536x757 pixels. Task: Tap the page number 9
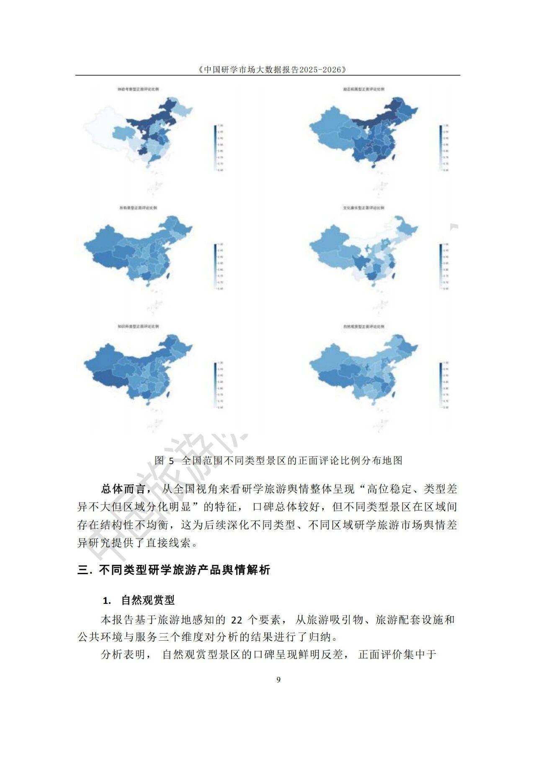point(279,679)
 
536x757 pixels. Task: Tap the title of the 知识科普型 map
point(139,326)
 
